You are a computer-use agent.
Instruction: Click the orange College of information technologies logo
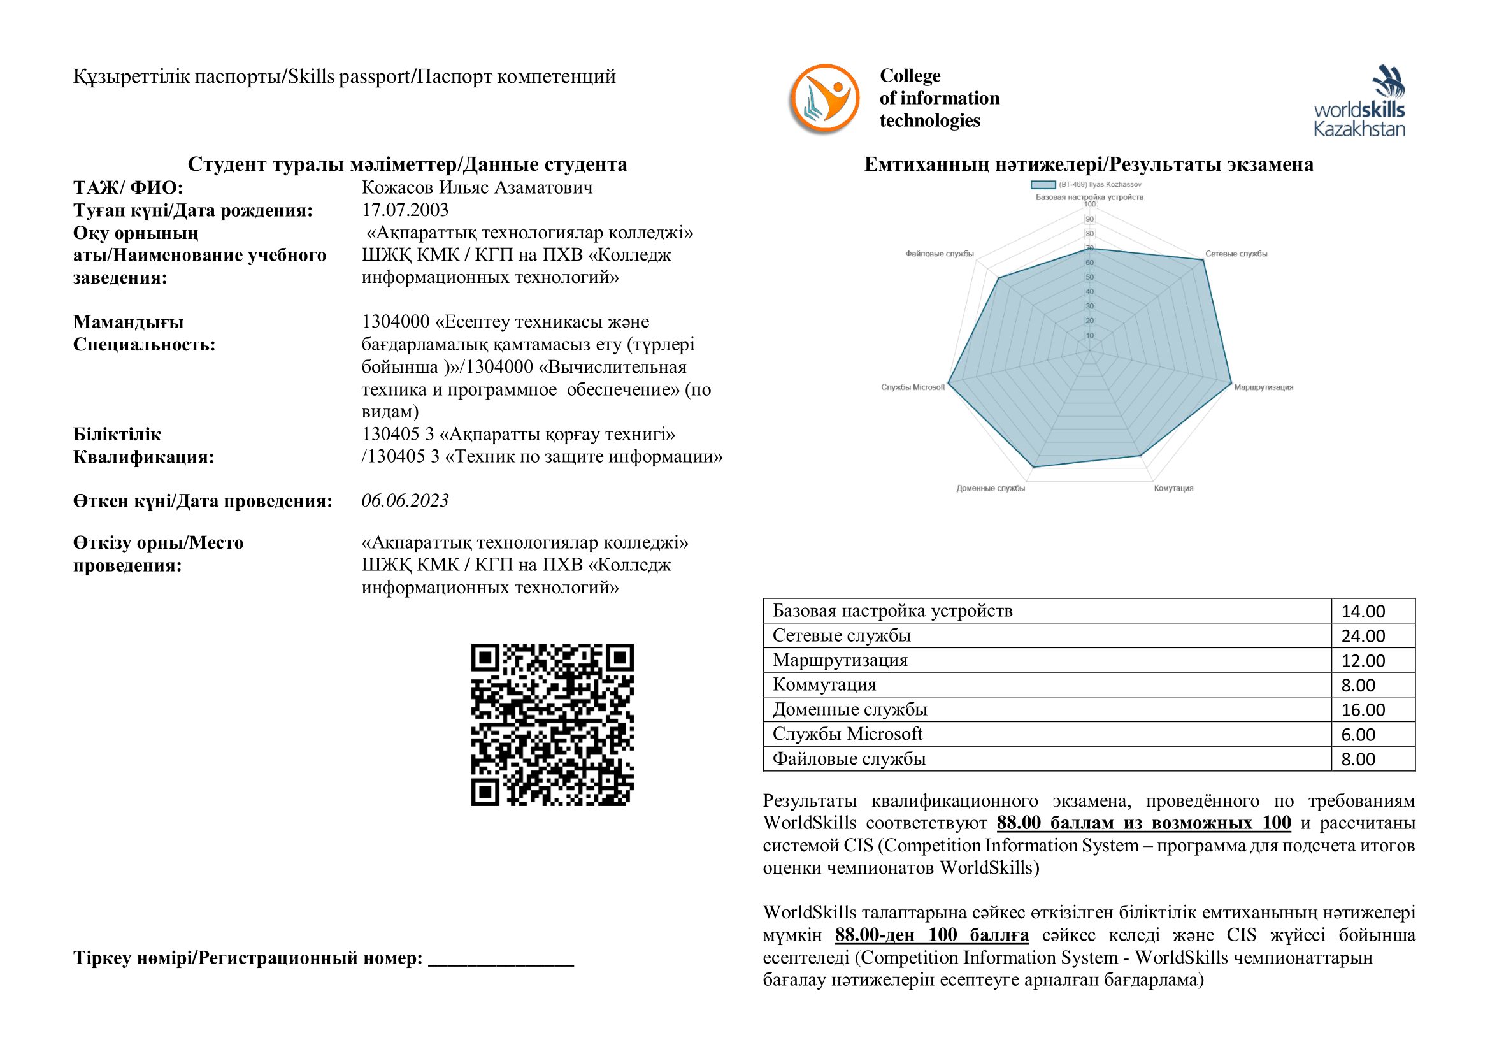pos(824,99)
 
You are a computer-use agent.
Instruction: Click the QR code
pos(552,725)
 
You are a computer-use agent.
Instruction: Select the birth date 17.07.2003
pos(405,210)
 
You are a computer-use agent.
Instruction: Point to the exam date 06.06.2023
pos(405,500)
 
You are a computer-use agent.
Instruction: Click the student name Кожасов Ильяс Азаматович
pos(477,187)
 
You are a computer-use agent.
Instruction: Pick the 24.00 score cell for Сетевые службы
pos(1363,636)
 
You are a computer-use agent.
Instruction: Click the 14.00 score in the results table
pos(1363,611)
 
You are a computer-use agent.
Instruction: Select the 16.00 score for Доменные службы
pos(1363,710)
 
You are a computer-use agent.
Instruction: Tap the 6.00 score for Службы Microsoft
pos(1358,735)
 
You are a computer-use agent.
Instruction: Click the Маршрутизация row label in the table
pos(840,661)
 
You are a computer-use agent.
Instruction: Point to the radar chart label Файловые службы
pos(939,254)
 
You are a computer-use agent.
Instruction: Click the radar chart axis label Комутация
pos(1173,488)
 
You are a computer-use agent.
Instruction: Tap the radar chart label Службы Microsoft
pos(912,387)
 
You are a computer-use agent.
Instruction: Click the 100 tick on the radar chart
pos(1089,205)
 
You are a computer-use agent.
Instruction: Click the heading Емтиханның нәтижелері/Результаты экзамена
pos(1088,164)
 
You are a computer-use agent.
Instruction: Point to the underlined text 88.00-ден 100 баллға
pos(931,935)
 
